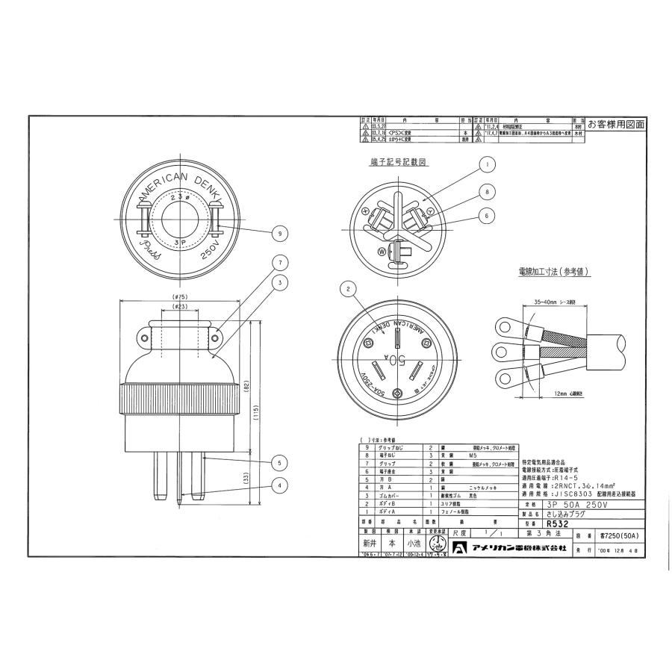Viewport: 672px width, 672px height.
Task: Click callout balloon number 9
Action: click(x=279, y=234)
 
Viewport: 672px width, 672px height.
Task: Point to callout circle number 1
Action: click(x=487, y=164)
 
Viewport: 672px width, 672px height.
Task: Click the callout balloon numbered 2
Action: click(x=348, y=289)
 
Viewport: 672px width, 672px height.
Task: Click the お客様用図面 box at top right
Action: click(x=615, y=124)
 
